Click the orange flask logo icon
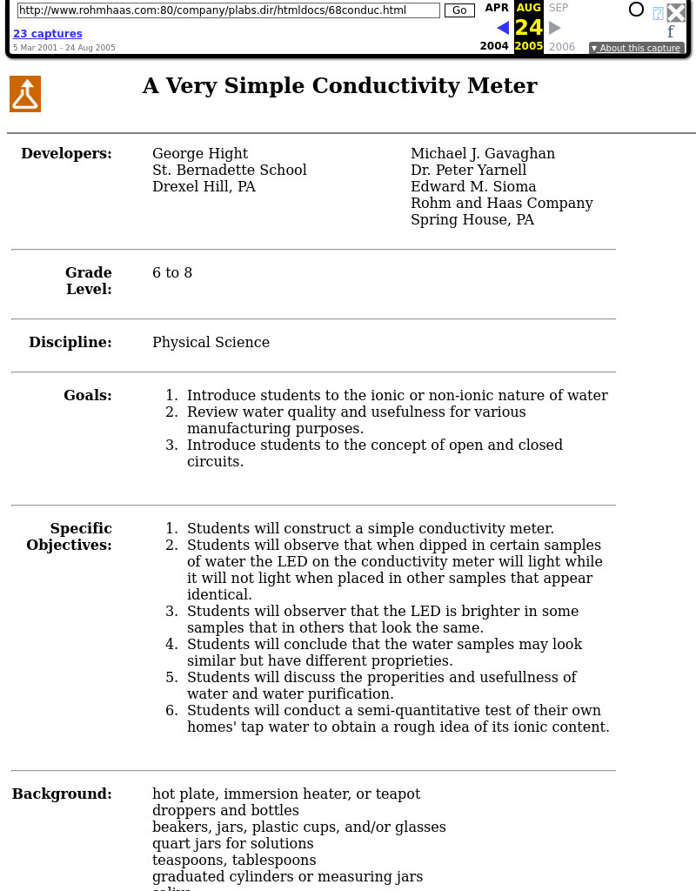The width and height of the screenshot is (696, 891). coord(25,94)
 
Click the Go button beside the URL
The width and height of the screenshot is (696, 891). coord(459,10)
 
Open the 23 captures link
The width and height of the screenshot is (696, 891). coord(48,34)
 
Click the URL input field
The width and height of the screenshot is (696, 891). coord(229,10)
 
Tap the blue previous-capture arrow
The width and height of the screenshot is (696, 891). coord(502,28)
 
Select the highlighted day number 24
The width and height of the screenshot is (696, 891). coord(528,28)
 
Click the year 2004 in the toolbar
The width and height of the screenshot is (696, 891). coord(494,47)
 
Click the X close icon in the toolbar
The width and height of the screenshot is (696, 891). coord(676,12)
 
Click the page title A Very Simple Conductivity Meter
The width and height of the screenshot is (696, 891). coord(339,86)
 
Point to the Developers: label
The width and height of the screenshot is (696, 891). coord(66,154)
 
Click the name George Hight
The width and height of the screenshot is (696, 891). coord(200,154)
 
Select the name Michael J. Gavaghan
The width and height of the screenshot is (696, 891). coord(483,154)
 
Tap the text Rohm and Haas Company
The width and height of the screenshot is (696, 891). coord(502,204)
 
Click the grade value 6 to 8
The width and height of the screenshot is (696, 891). coord(172,273)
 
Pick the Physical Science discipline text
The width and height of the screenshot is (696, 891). coord(211,343)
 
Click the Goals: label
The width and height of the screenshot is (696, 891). coord(87,396)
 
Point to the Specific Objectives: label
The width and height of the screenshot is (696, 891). coord(70,537)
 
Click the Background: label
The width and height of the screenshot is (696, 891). coord(62,794)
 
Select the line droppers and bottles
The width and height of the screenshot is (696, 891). coord(225,811)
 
